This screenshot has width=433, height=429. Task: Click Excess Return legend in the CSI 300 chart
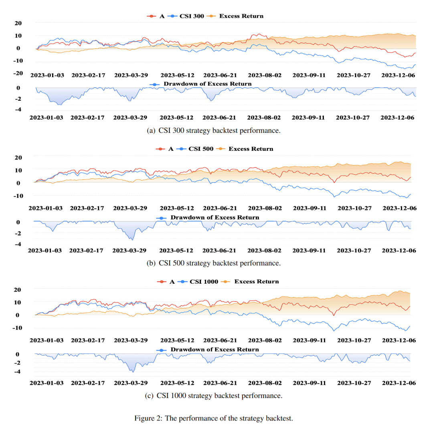(241, 16)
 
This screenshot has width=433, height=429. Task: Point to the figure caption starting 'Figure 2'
(214, 419)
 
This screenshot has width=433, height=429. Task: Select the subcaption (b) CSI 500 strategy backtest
(214, 263)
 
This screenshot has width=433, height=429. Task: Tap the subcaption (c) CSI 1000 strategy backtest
(214, 396)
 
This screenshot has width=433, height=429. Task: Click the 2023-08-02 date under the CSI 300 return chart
(264, 75)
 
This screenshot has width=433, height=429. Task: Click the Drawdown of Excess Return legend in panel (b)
(215, 218)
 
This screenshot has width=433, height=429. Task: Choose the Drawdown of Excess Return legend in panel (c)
(215, 350)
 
